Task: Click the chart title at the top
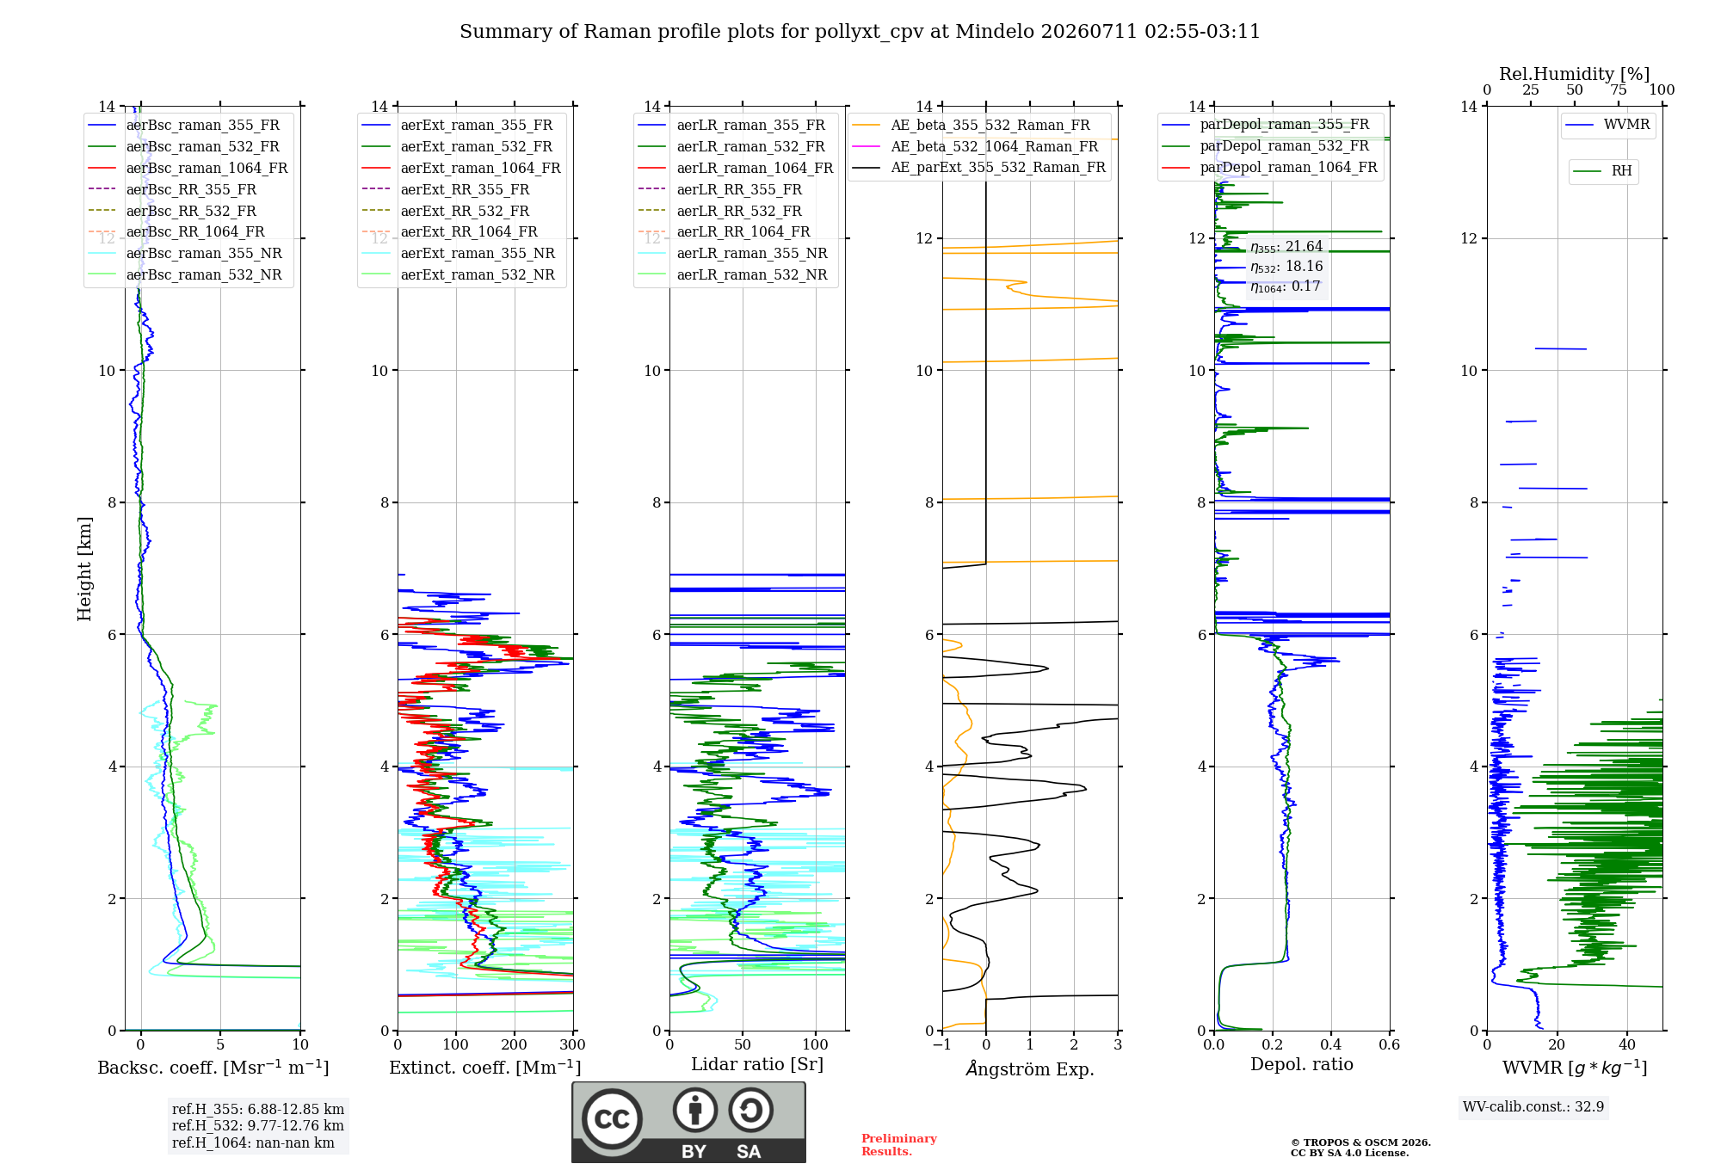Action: pyautogui.click(x=860, y=32)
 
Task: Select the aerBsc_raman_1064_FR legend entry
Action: pyautogui.click(x=188, y=168)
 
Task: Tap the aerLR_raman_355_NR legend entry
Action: pyautogui.click(x=733, y=253)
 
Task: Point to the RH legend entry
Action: pyautogui.click(x=1603, y=171)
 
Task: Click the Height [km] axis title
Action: pyautogui.click(x=84, y=569)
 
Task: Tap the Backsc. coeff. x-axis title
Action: pyautogui.click(x=213, y=1067)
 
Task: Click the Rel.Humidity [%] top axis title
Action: pyautogui.click(x=1575, y=74)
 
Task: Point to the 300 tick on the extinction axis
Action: pyautogui.click(x=572, y=1044)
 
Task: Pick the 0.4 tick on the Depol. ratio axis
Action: pyautogui.click(x=1331, y=1044)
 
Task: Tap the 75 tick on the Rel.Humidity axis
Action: pyautogui.click(x=1619, y=89)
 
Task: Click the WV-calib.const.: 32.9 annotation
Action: pyautogui.click(x=1533, y=1106)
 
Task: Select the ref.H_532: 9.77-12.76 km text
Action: pyautogui.click(x=258, y=1125)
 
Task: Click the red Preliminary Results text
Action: pyautogui.click(x=899, y=1145)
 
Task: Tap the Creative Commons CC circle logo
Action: pyautogui.click(x=612, y=1118)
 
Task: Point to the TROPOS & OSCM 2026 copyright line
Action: pyautogui.click(x=1360, y=1142)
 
